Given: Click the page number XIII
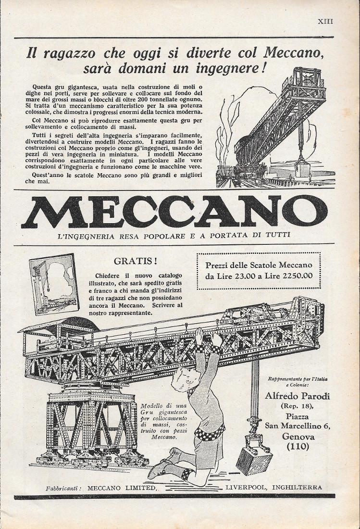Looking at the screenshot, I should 325,21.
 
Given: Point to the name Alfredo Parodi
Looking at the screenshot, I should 293,396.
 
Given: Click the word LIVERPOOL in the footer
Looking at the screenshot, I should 245,487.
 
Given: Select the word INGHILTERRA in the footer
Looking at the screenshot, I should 297,487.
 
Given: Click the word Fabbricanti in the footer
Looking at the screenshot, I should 63,488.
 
